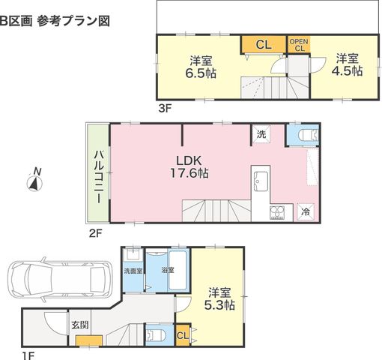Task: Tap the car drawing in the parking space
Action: pyautogui.click(x=60, y=279)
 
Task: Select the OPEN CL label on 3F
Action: pyautogui.click(x=299, y=44)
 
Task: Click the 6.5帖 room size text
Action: pyautogui.click(x=201, y=73)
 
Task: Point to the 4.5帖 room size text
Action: pyautogui.click(x=347, y=70)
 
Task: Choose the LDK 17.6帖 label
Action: pyautogui.click(x=189, y=166)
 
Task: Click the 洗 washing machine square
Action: pyautogui.click(x=261, y=134)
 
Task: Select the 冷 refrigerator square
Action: pyautogui.click(x=306, y=212)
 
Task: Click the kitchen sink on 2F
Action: pyautogui.click(x=261, y=181)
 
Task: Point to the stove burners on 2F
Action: pyautogui.click(x=277, y=213)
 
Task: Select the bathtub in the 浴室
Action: pyautogui.click(x=178, y=270)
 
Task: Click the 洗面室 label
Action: pyautogui.click(x=133, y=271)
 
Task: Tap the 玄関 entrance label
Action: pyautogui.click(x=80, y=325)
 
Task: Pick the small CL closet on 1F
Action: pyautogui.click(x=183, y=335)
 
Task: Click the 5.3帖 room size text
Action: pyautogui.click(x=219, y=298)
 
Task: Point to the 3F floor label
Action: pyautogui.click(x=165, y=109)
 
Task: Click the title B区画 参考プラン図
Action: pyautogui.click(x=55, y=21)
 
